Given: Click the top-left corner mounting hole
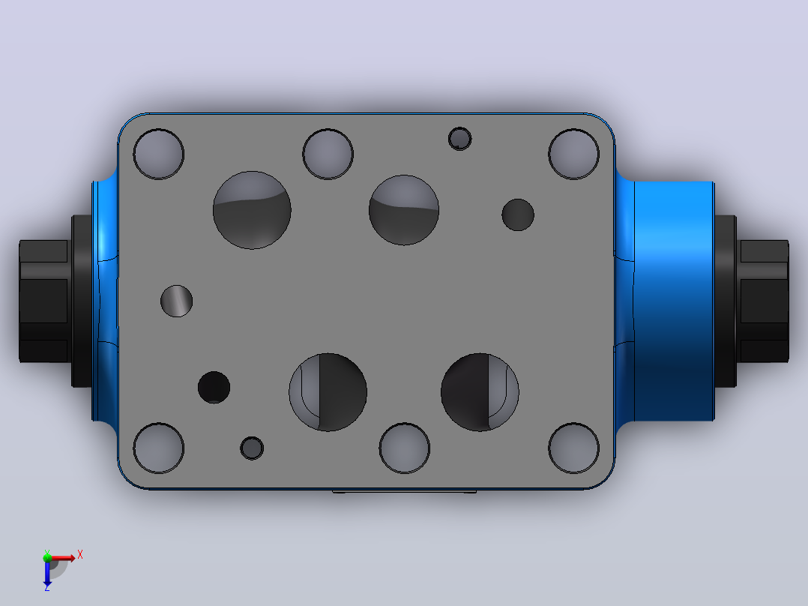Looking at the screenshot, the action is point(159,154).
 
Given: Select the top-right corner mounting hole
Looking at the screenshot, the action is point(573,154).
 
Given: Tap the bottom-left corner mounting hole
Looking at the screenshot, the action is point(159,448).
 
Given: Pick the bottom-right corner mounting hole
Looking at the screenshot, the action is point(573,448).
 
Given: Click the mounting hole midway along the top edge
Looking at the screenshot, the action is point(328,154).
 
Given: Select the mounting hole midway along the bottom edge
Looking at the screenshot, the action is point(405,448).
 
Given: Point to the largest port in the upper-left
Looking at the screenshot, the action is point(252,210).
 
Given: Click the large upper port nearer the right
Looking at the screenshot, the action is point(404,210).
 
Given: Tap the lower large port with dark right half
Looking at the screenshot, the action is point(328,392).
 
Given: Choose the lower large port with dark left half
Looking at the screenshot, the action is point(480,392).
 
